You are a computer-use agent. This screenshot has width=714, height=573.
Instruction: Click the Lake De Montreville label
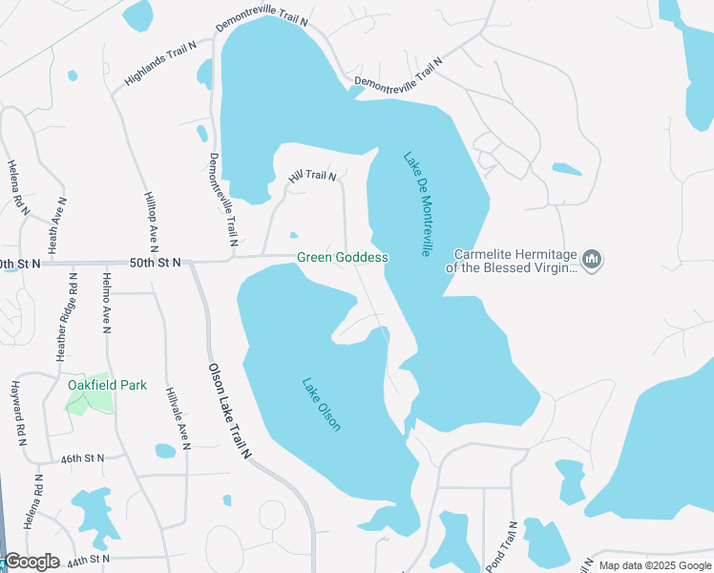(x=417, y=204)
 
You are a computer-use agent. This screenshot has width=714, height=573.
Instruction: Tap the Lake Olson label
(x=322, y=405)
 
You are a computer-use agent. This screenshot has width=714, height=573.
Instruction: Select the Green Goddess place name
(x=343, y=258)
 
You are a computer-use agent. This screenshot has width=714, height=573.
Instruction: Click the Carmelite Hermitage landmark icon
(x=593, y=261)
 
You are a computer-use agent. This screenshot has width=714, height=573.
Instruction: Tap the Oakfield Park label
(x=108, y=385)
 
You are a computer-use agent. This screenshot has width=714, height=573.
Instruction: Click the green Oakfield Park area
(x=89, y=401)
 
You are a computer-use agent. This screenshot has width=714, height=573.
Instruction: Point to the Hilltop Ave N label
(x=150, y=220)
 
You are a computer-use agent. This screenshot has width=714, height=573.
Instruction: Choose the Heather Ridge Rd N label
(x=67, y=315)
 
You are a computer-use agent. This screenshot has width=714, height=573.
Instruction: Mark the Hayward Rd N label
(x=16, y=413)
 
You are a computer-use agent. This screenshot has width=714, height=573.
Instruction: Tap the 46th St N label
(x=82, y=459)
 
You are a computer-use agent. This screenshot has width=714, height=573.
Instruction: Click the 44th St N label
(x=90, y=558)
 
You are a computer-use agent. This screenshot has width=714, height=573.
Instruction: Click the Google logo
(x=31, y=562)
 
